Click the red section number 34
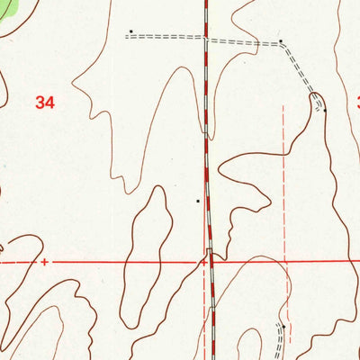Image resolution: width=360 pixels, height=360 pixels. click(x=45, y=103)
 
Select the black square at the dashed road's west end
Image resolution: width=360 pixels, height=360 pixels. click(x=130, y=31)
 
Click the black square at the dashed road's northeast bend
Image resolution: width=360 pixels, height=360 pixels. click(x=281, y=40)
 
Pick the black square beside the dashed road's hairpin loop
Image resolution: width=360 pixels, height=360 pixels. click(x=325, y=110)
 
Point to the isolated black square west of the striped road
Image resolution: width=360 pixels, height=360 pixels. click(x=198, y=201)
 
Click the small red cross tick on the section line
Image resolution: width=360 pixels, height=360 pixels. click(x=43, y=262)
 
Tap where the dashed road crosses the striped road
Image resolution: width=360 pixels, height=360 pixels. click(x=206, y=40)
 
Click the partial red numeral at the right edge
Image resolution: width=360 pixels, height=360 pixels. click(x=357, y=103)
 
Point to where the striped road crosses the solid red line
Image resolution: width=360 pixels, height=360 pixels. click(x=211, y=262)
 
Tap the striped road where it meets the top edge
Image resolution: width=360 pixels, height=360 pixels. click(x=205, y=3)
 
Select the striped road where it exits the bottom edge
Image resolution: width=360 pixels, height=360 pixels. click(x=214, y=356)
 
